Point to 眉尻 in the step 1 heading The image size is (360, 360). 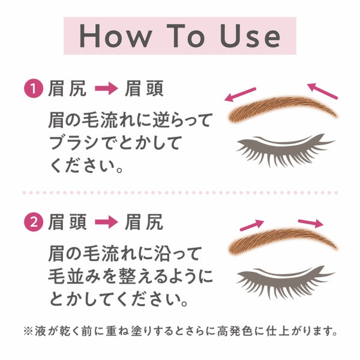click(66, 90)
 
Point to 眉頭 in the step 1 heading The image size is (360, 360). click(143, 90)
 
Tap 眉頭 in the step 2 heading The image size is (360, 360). click(66, 223)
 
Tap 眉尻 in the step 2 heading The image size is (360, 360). click(143, 223)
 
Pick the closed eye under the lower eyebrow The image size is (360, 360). click(286, 278)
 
